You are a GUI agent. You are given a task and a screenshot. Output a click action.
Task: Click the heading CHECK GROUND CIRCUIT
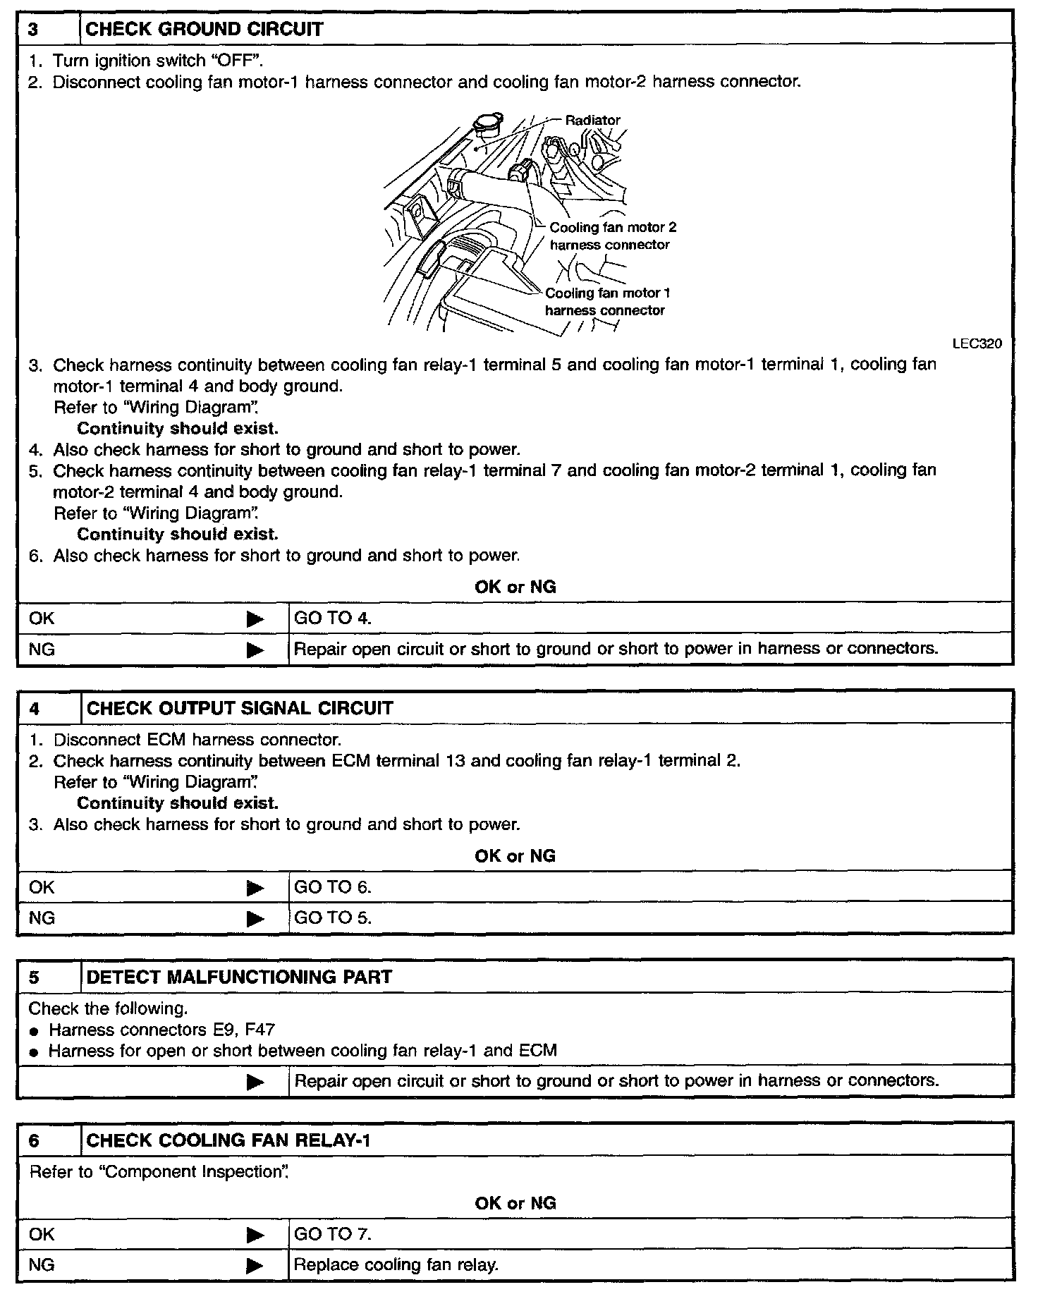coord(204,30)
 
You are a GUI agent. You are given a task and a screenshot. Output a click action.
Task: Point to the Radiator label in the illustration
coord(592,121)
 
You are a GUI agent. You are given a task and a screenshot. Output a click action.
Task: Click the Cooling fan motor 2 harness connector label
coord(612,236)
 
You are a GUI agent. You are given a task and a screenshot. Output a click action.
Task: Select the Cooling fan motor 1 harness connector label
coord(606,302)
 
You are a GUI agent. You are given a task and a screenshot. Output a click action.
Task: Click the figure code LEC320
coord(977,344)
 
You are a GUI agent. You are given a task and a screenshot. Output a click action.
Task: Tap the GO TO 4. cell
coord(332,618)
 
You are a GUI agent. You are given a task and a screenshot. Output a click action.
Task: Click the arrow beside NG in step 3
coord(255,649)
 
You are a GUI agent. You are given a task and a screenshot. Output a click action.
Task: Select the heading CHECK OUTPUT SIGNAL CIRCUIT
coord(240,709)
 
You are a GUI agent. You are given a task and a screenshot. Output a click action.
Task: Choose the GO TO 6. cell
coord(332,887)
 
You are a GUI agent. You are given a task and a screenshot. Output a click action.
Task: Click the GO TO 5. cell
coord(332,918)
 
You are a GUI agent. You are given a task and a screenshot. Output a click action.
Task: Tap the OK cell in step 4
coord(42,887)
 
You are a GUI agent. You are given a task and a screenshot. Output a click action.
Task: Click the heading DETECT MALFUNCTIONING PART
coord(239,977)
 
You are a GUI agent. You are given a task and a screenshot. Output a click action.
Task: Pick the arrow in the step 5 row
coord(255,1082)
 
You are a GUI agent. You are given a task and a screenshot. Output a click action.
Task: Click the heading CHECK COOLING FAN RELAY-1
coord(228,1141)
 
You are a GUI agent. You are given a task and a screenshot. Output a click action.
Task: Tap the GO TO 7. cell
coord(332,1234)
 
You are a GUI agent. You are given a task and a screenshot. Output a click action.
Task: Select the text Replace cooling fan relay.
coord(396,1265)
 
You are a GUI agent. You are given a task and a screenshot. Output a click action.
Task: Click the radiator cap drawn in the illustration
coord(487,126)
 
